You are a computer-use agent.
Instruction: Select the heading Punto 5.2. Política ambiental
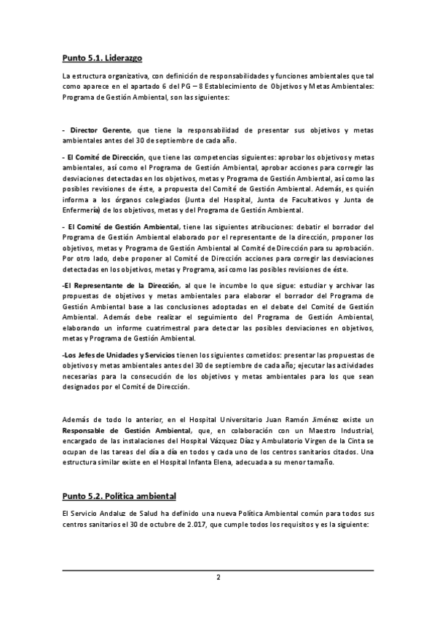[x=119, y=496]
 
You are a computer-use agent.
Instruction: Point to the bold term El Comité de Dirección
[x=105, y=156]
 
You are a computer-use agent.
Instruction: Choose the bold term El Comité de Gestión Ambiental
[x=122, y=227]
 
